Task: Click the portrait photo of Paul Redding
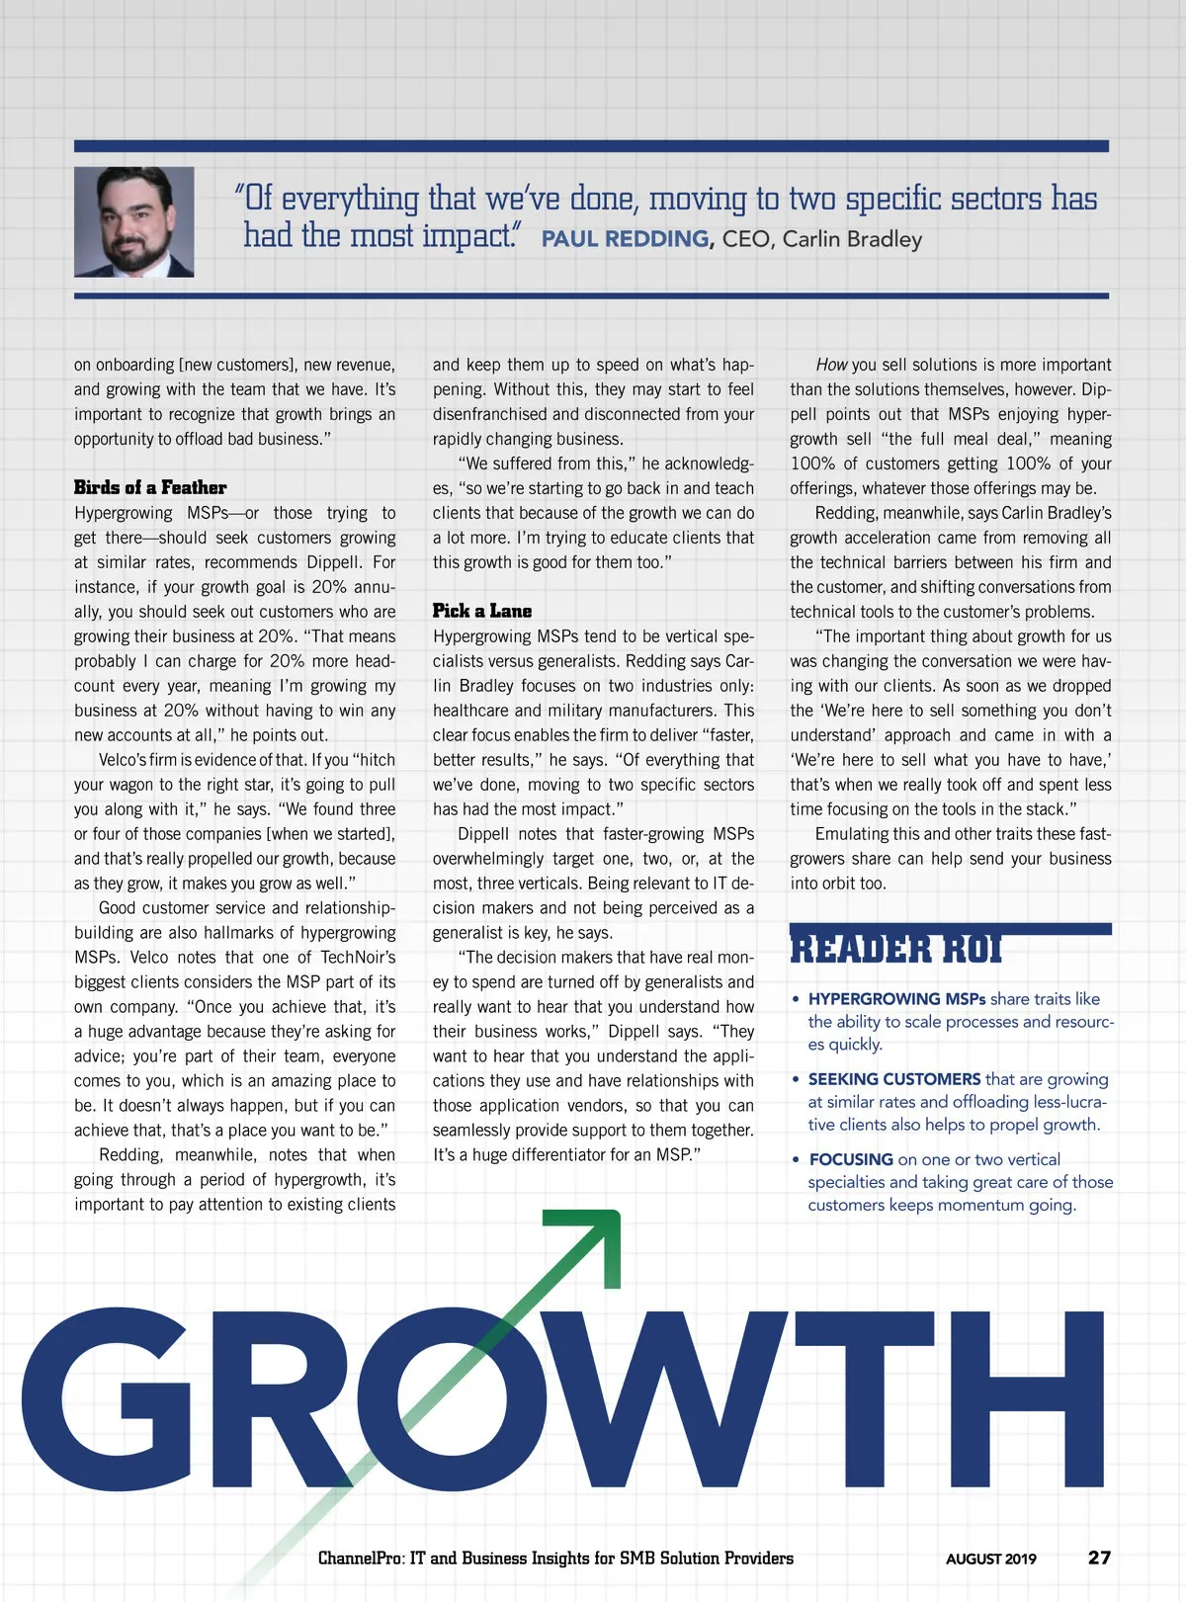(x=133, y=221)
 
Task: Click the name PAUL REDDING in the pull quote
(x=625, y=239)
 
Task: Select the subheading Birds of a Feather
(x=150, y=487)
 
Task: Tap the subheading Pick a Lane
(x=482, y=611)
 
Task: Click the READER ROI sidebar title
(x=895, y=950)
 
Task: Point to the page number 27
(x=1099, y=1558)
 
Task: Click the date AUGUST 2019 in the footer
(x=990, y=1559)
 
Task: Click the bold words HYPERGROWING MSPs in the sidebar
(x=896, y=999)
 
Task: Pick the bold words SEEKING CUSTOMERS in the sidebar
(x=894, y=1079)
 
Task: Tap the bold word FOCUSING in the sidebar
(x=851, y=1159)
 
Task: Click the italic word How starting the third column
(x=831, y=365)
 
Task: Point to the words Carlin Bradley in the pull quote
(x=852, y=239)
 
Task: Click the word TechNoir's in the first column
(x=358, y=957)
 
